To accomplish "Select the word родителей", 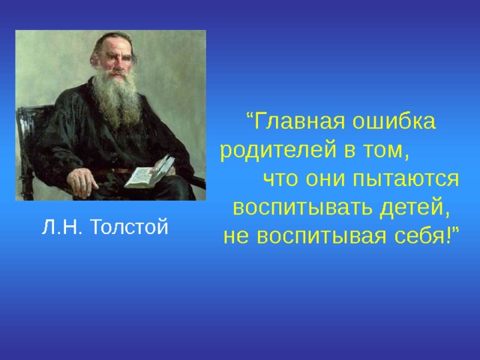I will [278, 149].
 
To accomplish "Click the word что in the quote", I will [278, 178].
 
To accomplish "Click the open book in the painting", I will [149, 173].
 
